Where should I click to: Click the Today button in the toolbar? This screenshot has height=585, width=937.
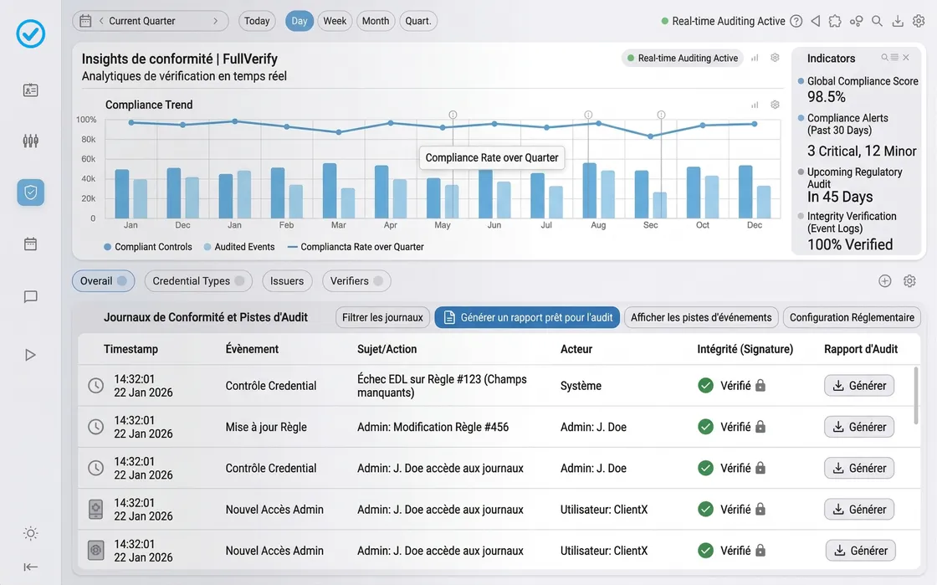point(257,21)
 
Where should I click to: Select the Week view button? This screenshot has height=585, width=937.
point(335,21)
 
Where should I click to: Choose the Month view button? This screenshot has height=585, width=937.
point(376,21)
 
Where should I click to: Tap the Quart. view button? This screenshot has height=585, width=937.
point(418,21)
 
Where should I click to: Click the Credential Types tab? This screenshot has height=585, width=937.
point(198,281)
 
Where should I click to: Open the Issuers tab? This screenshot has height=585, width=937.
point(287,281)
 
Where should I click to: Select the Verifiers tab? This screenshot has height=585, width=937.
point(356,281)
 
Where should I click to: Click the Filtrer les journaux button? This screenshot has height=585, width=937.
point(383,317)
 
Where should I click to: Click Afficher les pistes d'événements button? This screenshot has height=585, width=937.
point(701,317)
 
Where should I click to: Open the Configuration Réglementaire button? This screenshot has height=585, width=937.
point(852,317)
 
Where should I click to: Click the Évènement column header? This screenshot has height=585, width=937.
point(252,349)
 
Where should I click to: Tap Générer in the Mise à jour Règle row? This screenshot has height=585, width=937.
point(859,427)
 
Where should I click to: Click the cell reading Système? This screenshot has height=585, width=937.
point(581,386)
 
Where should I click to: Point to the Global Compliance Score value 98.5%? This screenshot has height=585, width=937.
point(827,96)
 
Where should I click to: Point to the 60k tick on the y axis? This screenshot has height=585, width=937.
point(88,159)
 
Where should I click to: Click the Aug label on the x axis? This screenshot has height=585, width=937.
point(598,225)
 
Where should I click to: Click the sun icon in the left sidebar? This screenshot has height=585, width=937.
point(31,533)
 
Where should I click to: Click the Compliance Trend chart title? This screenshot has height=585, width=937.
point(149,105)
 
